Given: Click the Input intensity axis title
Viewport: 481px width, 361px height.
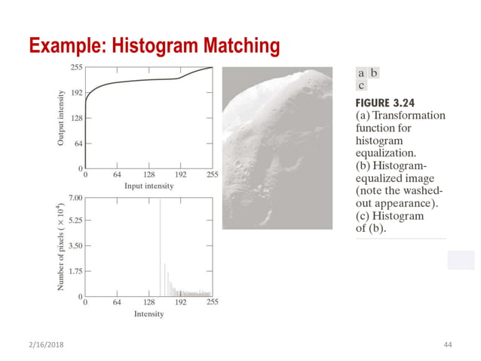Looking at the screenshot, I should [x=149, y=186].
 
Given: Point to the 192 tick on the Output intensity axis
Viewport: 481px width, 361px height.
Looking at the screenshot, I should [x=75, y=93].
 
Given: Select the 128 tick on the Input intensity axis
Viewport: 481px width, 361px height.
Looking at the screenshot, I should [x=149, y=175].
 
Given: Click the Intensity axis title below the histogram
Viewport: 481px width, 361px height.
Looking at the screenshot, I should [x=149, y=313].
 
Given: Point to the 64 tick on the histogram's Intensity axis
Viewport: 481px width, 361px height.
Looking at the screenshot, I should [x=116, y=303].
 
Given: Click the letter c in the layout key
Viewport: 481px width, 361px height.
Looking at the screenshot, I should [x=362, y=86].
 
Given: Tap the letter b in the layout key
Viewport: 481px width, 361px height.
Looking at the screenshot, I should [x=373, y=74].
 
